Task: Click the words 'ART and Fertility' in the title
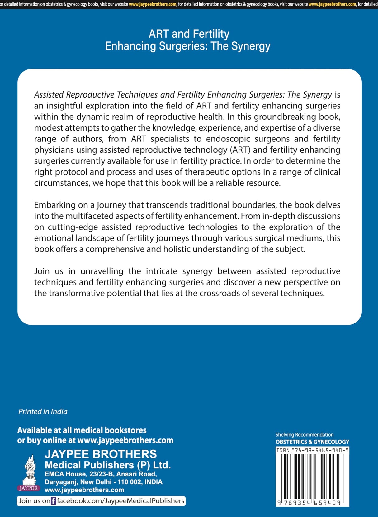(189, 34)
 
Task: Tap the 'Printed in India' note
(43, 411)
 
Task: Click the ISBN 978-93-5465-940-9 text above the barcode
(312, 450)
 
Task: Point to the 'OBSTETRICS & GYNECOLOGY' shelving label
(312, 442)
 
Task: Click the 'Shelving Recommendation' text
(304, 434)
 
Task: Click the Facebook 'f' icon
(53, 501)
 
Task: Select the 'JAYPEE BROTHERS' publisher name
(101, 454)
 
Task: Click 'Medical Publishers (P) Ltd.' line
(107, 465)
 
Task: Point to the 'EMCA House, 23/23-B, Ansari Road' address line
(101, 474)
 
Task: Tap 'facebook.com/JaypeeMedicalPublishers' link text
(120, 501)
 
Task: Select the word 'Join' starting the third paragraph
(42, 271)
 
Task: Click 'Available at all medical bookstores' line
(82, 430)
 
